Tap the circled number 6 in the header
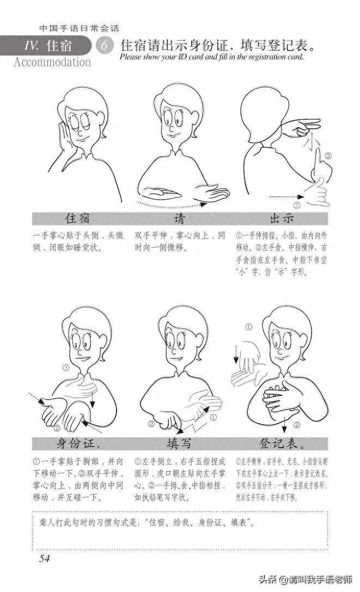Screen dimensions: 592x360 pos(103,46)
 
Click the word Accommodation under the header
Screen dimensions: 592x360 pos(52,62)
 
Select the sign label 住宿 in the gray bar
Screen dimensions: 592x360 pos(78,219)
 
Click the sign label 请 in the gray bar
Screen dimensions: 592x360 pos(179,219)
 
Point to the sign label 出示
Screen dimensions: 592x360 pos(282,219)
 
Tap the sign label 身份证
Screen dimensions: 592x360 pos(78,442)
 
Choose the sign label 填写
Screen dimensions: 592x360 pos(179,442)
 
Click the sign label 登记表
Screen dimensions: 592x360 pos(282,442)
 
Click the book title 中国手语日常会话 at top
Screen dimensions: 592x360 pos(80,28)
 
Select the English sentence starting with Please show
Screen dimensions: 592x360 pos(211,57)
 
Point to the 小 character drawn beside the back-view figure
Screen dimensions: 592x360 pos(312,145)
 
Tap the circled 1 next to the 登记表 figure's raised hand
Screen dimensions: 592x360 pos(249,327)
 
